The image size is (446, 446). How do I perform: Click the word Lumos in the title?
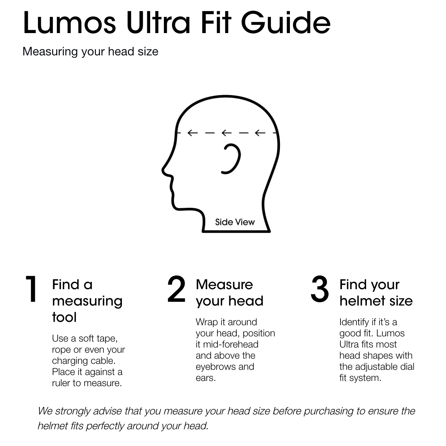point(70,23)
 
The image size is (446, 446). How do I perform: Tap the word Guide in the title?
point(285,23)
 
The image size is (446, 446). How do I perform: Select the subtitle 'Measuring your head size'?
point(90,52)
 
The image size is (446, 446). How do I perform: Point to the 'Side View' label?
point(235,222)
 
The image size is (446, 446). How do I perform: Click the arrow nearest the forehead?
point(193,133)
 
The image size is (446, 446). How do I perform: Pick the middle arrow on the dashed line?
point(227,133)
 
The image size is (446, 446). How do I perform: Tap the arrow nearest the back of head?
point(260,133)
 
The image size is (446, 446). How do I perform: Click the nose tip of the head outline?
point(163,171)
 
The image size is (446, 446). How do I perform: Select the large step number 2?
point(176,289)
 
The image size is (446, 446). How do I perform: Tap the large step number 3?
point(320,289)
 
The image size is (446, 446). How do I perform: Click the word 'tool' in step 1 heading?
point(64,317)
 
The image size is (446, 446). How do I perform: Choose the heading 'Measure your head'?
point(229,293)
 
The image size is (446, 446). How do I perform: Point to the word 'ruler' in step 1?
point(61,383)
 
